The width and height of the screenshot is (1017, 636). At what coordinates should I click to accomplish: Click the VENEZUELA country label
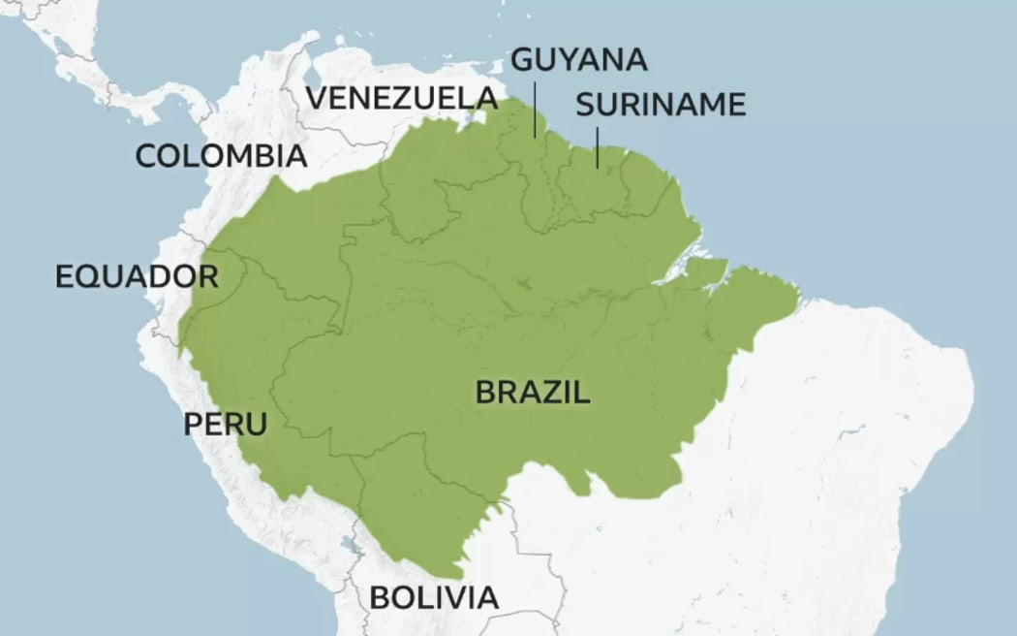pyautogui.click(x=402, y=98)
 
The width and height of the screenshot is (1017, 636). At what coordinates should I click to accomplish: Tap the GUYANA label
pyautogui.click(x=578, y=59)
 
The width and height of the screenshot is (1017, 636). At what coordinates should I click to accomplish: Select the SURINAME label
pyautogui.click(x=661, y=105)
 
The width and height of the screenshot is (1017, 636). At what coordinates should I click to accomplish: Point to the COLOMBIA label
pyautogui.click(x=221, y=155)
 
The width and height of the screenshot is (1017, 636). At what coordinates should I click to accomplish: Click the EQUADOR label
pyautogui.click(x=137, y=276)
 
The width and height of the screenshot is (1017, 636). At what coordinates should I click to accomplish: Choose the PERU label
pyautogui.click(x=225, y=423)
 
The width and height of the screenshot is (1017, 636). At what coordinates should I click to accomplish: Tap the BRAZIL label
pyautogui.click(x=533, y=393)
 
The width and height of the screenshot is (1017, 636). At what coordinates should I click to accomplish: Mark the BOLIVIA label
pyautogui.click(x=434, y=597)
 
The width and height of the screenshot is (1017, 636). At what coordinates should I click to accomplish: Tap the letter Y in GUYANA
pyautogui.click(x=562, y=59)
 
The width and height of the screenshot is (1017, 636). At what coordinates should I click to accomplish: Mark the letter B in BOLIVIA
pyautogui.click(x=381, y=597)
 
